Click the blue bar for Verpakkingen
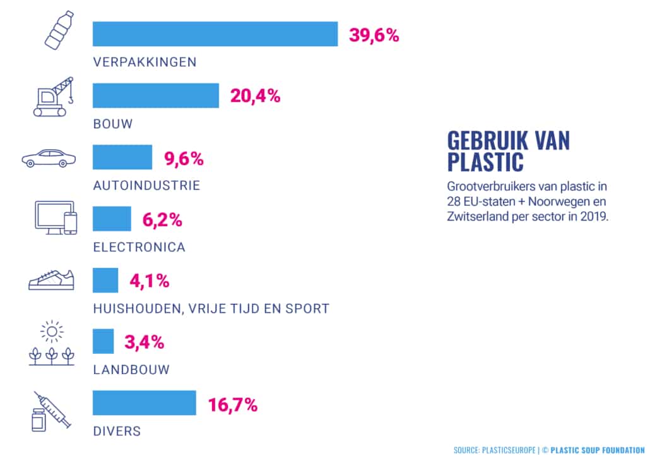215,34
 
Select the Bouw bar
156,96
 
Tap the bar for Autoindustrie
122,157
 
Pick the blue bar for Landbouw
103,341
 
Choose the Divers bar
145,403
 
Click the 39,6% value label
374,35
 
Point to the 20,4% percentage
255,97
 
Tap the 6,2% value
162,220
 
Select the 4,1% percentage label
149,281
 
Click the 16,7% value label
232,404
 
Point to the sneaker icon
51,280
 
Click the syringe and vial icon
51,411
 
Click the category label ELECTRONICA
139,247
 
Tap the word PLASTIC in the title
485,161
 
